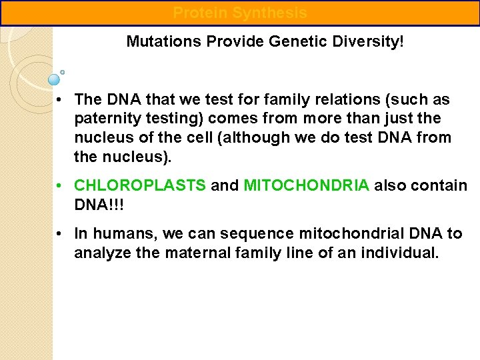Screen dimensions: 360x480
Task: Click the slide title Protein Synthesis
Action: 240,13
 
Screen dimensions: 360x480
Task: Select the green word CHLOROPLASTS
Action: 140,185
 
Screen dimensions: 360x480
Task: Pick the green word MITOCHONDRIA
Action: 306,185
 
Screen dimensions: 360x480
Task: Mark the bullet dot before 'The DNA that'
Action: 60,100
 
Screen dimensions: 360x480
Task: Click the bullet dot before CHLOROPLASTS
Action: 60,185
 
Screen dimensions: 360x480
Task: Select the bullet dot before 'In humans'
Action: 60,233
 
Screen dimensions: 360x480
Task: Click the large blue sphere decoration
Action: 54,80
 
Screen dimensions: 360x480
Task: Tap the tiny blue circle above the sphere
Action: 62,71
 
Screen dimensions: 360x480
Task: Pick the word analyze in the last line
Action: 100,253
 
